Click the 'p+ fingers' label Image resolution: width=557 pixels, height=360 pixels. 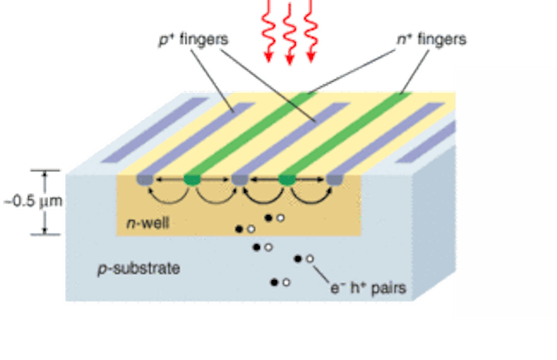pos(193,39)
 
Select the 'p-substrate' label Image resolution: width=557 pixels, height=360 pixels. pos(138,268)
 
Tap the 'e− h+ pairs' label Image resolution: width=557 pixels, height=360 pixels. pos(368,287)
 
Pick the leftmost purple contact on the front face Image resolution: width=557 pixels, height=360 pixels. pos(144,180)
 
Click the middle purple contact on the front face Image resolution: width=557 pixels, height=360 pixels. pos(239,180)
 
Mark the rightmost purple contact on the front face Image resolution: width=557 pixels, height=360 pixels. pos(334,180)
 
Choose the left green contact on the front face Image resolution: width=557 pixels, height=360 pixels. pos(192,180)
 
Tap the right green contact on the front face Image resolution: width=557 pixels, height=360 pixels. pos(287,180)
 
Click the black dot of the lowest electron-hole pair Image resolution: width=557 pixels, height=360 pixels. pos(275,282)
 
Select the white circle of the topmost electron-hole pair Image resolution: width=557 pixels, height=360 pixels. pos(280,217)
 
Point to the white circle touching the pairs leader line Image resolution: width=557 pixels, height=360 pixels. pos(309,259)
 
